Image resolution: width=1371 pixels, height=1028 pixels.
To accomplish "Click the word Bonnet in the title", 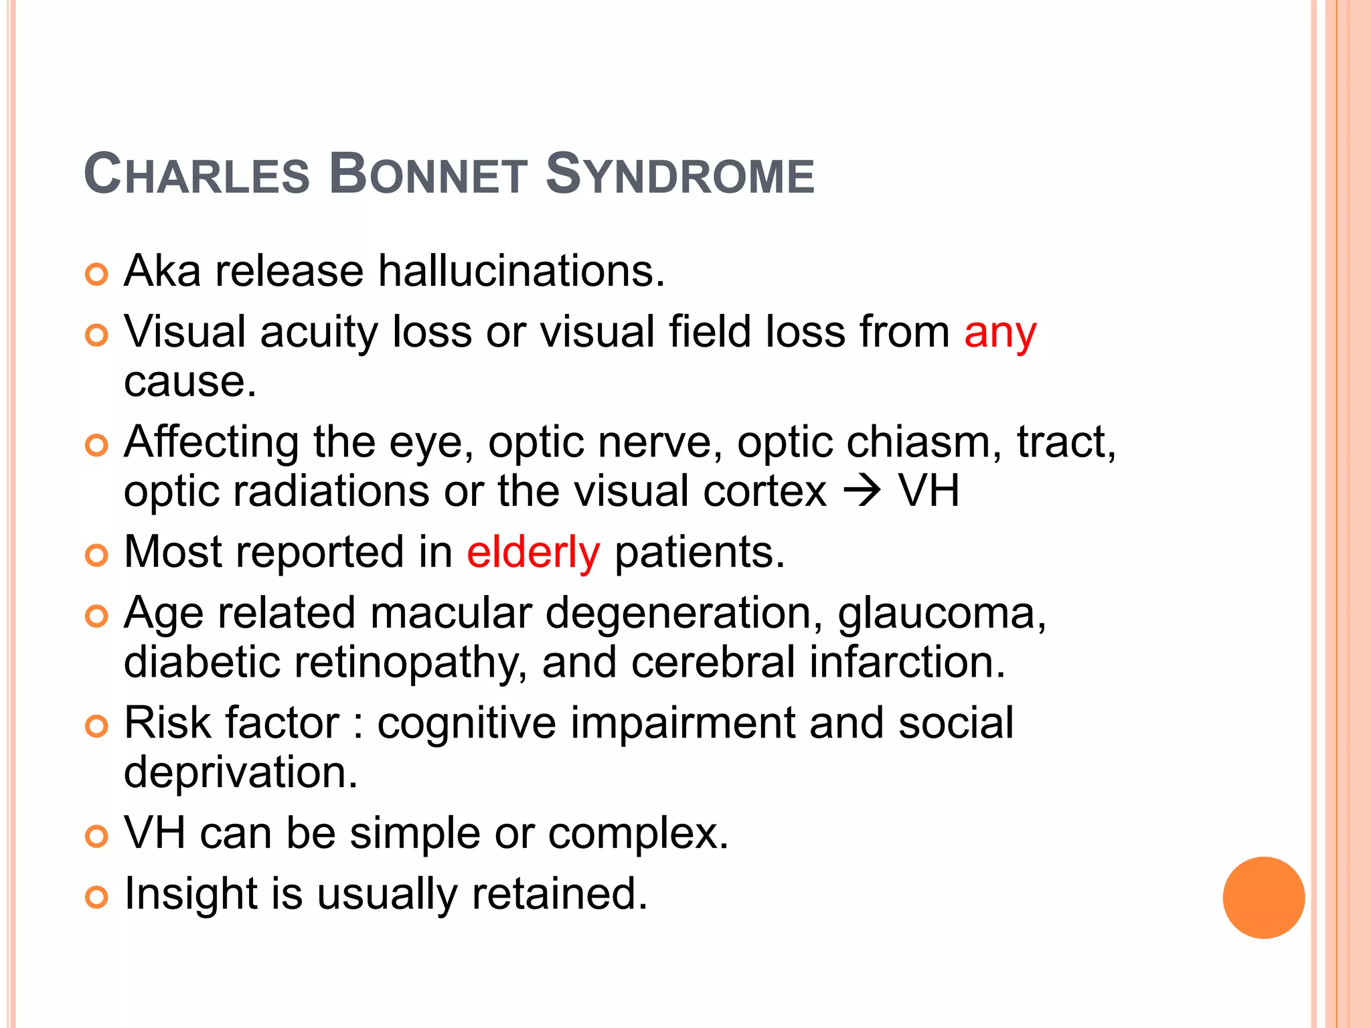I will tap(428, 175).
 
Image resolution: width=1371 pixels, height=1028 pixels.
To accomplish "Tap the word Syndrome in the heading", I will tap(680, 175).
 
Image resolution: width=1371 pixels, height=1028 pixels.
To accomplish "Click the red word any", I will tap(1000, 333).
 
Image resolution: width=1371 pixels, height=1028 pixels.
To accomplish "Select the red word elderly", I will tap(533, 553).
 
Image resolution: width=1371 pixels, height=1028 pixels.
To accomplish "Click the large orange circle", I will tap(1263, 897).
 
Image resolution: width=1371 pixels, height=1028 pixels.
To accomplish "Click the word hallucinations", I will tap(521, 271).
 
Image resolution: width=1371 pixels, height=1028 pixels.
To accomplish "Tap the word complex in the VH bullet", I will tap(638, 834).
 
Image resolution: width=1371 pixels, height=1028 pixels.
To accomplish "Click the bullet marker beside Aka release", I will tap(97, 274).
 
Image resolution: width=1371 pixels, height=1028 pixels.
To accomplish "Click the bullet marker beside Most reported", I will tap(97, 555).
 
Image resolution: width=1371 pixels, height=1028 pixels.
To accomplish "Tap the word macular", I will tap(451, 613).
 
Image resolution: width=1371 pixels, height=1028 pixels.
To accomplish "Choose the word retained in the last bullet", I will tap(560, 893).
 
